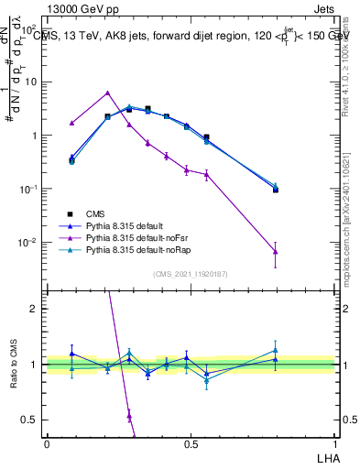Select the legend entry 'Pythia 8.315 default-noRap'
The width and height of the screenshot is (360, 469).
coord(137,249)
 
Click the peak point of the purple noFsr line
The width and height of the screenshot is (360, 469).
coord(108,93)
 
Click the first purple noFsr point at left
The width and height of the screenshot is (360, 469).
coord(72,123)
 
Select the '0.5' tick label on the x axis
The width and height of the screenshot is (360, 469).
coord(191,443)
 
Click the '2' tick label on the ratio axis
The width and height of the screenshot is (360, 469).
coord(34,309)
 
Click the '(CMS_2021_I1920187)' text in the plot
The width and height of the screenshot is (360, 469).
coord(191,274)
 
